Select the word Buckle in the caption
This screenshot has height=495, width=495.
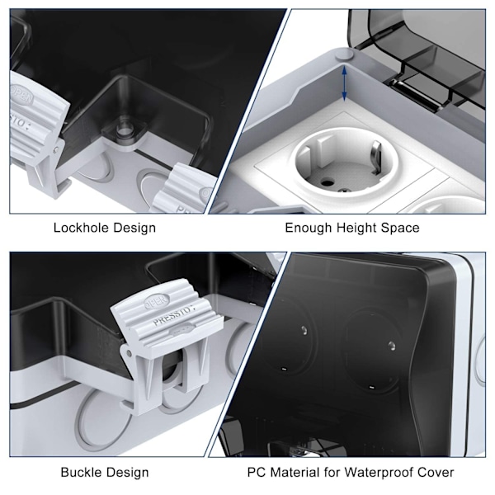coord(81,472)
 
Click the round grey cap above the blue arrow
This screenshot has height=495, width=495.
coord(344,54)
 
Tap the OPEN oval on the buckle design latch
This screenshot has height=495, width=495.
coord(157,301)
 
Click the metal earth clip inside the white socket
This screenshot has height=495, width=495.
coord(375,158)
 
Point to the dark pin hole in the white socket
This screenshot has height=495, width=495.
coord(326,182)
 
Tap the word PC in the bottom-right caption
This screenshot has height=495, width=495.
coord(255,472)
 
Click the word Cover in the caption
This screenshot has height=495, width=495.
coord(436,472)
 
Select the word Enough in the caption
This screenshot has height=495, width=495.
coord(309,228)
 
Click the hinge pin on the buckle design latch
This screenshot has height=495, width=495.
coord(130,354)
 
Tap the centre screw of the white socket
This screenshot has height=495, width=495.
coord(343,190)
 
